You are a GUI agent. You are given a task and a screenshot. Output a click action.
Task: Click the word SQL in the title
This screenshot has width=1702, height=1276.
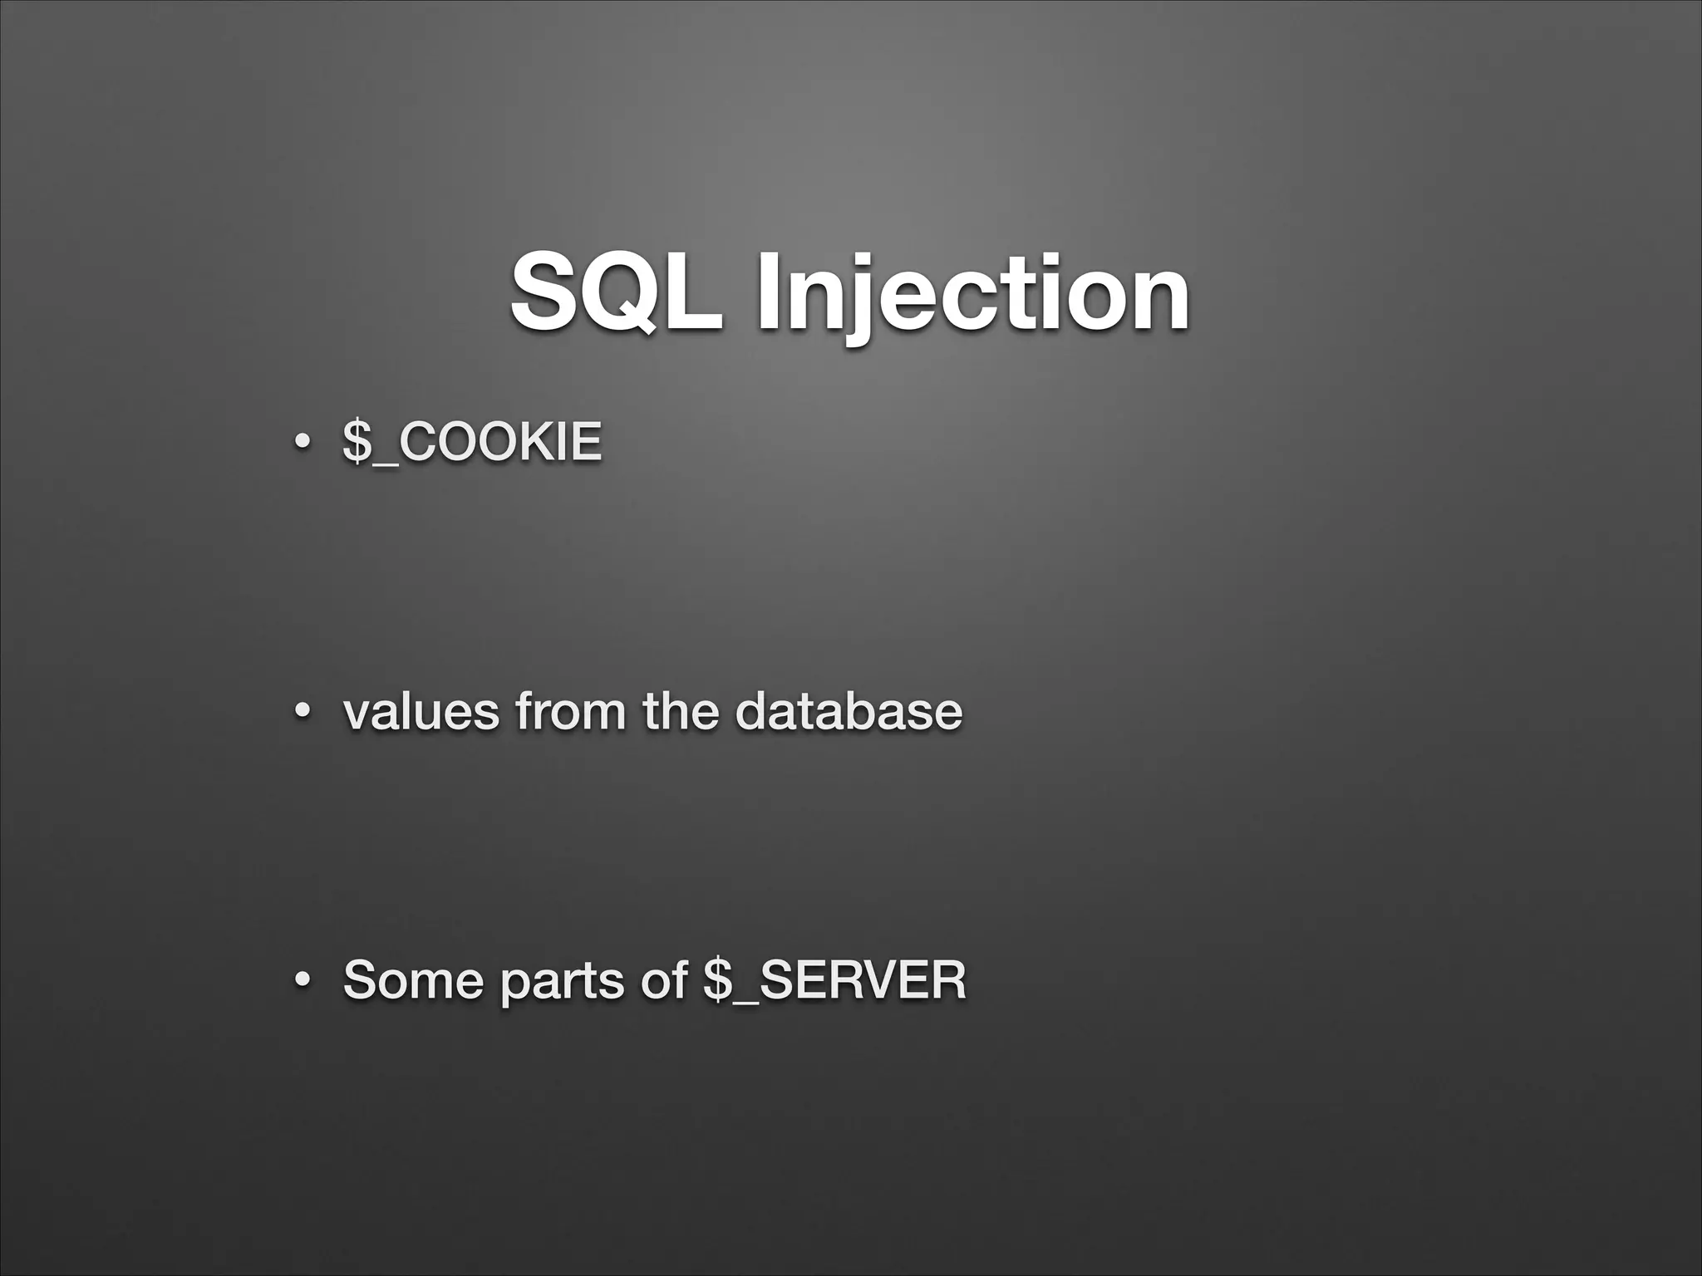point(616,292)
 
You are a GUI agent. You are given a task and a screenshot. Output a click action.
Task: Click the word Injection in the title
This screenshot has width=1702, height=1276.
point(972,292)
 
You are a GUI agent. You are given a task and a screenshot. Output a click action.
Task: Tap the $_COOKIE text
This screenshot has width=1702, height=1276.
point(472,442)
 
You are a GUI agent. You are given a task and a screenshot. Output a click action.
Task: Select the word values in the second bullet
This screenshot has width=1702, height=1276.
point(421,712)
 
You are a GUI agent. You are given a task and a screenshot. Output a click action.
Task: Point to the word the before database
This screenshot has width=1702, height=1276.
point(681,712)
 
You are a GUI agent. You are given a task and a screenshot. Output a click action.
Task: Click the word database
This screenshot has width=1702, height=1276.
point(849,712)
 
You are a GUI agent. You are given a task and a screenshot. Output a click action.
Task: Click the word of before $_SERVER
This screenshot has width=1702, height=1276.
point(664,980)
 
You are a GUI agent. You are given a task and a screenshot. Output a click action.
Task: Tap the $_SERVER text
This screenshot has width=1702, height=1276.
point(834,980)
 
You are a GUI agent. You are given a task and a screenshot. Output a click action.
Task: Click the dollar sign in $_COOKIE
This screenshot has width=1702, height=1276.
point(357,442)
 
